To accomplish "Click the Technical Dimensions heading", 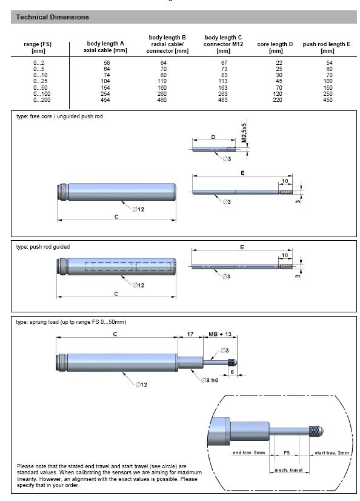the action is tap(52, 17).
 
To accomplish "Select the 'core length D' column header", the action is tap(275, 47).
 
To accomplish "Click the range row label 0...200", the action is tap(42, 100).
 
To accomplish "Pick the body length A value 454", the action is tap(105, 100).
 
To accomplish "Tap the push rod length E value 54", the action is tap(329, 62).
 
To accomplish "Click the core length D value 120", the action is tap(278, 94).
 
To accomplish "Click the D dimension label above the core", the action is tap(213, 137).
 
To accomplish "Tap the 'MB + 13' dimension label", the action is tap(220, 334).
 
